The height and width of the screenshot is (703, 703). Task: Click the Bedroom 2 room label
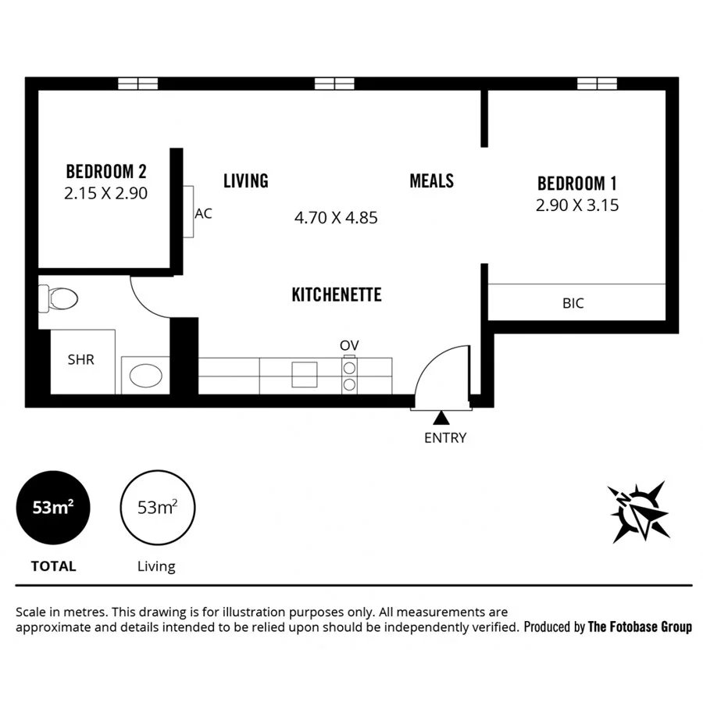click(x=106, y=171)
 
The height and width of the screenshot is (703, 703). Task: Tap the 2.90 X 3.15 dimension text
click(x=577, y=205)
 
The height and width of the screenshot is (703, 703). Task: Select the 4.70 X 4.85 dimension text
click(x=336, y=218)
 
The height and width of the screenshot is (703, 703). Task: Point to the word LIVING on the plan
click(x=245, y=181)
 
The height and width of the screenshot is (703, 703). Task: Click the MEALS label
click(x=431, y=181)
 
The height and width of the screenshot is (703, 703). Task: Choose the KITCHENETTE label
click(x=336, y=294)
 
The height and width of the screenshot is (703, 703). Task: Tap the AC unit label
click(x=203, y=213)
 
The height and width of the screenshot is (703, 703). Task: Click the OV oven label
click(x=348, y=345)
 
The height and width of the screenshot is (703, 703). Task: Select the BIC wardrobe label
click(x=573, y=303)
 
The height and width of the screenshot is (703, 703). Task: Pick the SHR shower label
click(x=80, y=360)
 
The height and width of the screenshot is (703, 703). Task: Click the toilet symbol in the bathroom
click(x=59, y=298)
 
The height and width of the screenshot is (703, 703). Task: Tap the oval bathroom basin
click(x=145, y=376)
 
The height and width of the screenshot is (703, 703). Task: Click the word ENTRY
click(x=444, y=438)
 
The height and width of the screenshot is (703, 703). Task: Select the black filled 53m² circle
click(x=53, y=508)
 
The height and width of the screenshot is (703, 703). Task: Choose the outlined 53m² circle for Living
click(x=157, y=508)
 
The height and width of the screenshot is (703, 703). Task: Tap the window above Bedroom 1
click(x=598, y=84)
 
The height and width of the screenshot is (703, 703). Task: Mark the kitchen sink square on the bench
click(x=305, y=375)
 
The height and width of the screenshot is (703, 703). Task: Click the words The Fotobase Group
click(x=640, y=626)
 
